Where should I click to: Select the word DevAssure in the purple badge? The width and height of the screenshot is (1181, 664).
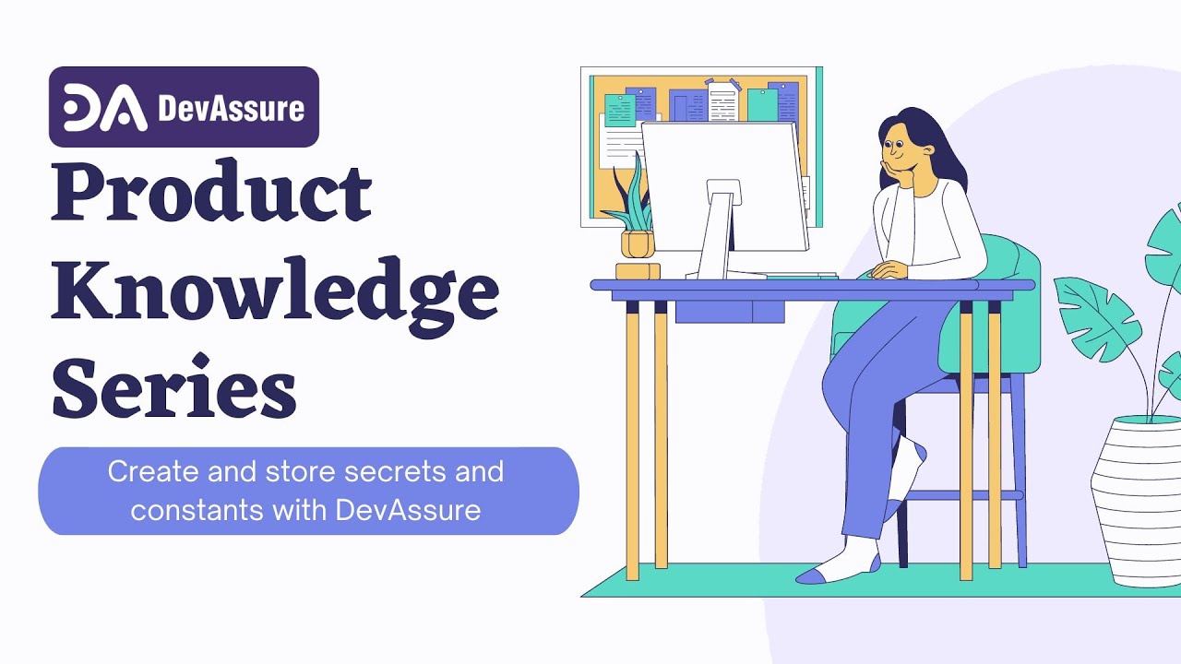tap(231, 109)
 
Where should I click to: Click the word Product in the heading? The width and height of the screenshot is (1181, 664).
tap(211, 196)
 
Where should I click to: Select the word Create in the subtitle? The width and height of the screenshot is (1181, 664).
tap(148, 472)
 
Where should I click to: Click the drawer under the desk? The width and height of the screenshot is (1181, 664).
tap(729, 311)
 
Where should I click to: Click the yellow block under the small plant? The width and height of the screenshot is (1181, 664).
tap(638, 271)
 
